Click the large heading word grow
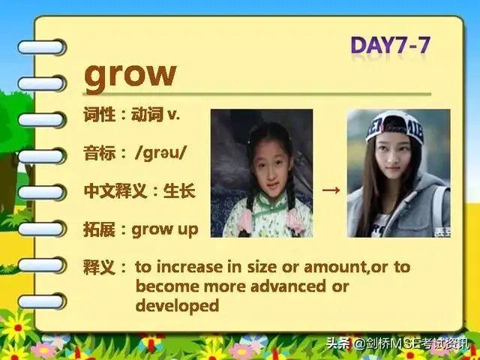130,76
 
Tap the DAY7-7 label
391,45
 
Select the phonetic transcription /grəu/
160,152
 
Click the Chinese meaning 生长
179,191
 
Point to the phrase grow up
165,229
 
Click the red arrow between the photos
331,190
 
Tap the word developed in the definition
177,305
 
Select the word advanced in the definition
288,286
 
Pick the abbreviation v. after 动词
173,115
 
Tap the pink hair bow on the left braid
244,221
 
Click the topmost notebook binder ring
42,47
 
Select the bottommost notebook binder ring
42,301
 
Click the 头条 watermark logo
338,343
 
